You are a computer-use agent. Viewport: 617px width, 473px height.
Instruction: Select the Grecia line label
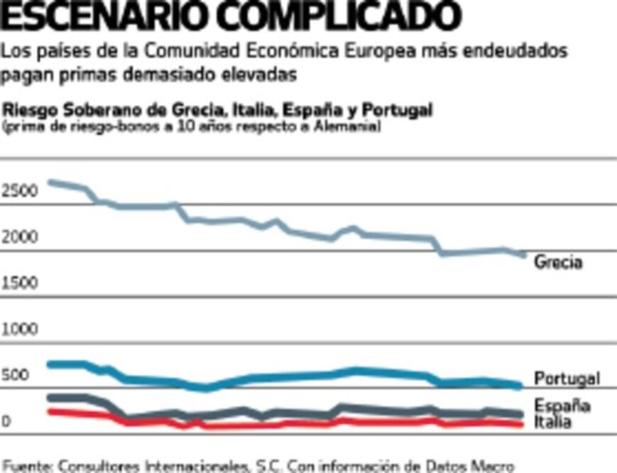(558, 262)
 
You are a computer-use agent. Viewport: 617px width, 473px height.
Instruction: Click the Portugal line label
(567, 379)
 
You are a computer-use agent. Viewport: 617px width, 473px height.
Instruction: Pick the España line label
(562, 406)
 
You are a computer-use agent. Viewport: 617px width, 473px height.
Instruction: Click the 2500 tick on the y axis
(19, 191)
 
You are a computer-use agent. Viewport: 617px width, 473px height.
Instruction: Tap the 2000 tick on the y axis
(19, 237)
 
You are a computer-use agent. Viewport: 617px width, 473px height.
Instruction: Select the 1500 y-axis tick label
(19, 283)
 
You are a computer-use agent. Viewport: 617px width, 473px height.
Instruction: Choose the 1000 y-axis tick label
(19, 330)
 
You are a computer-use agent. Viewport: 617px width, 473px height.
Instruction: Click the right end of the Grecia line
(524, 254)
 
